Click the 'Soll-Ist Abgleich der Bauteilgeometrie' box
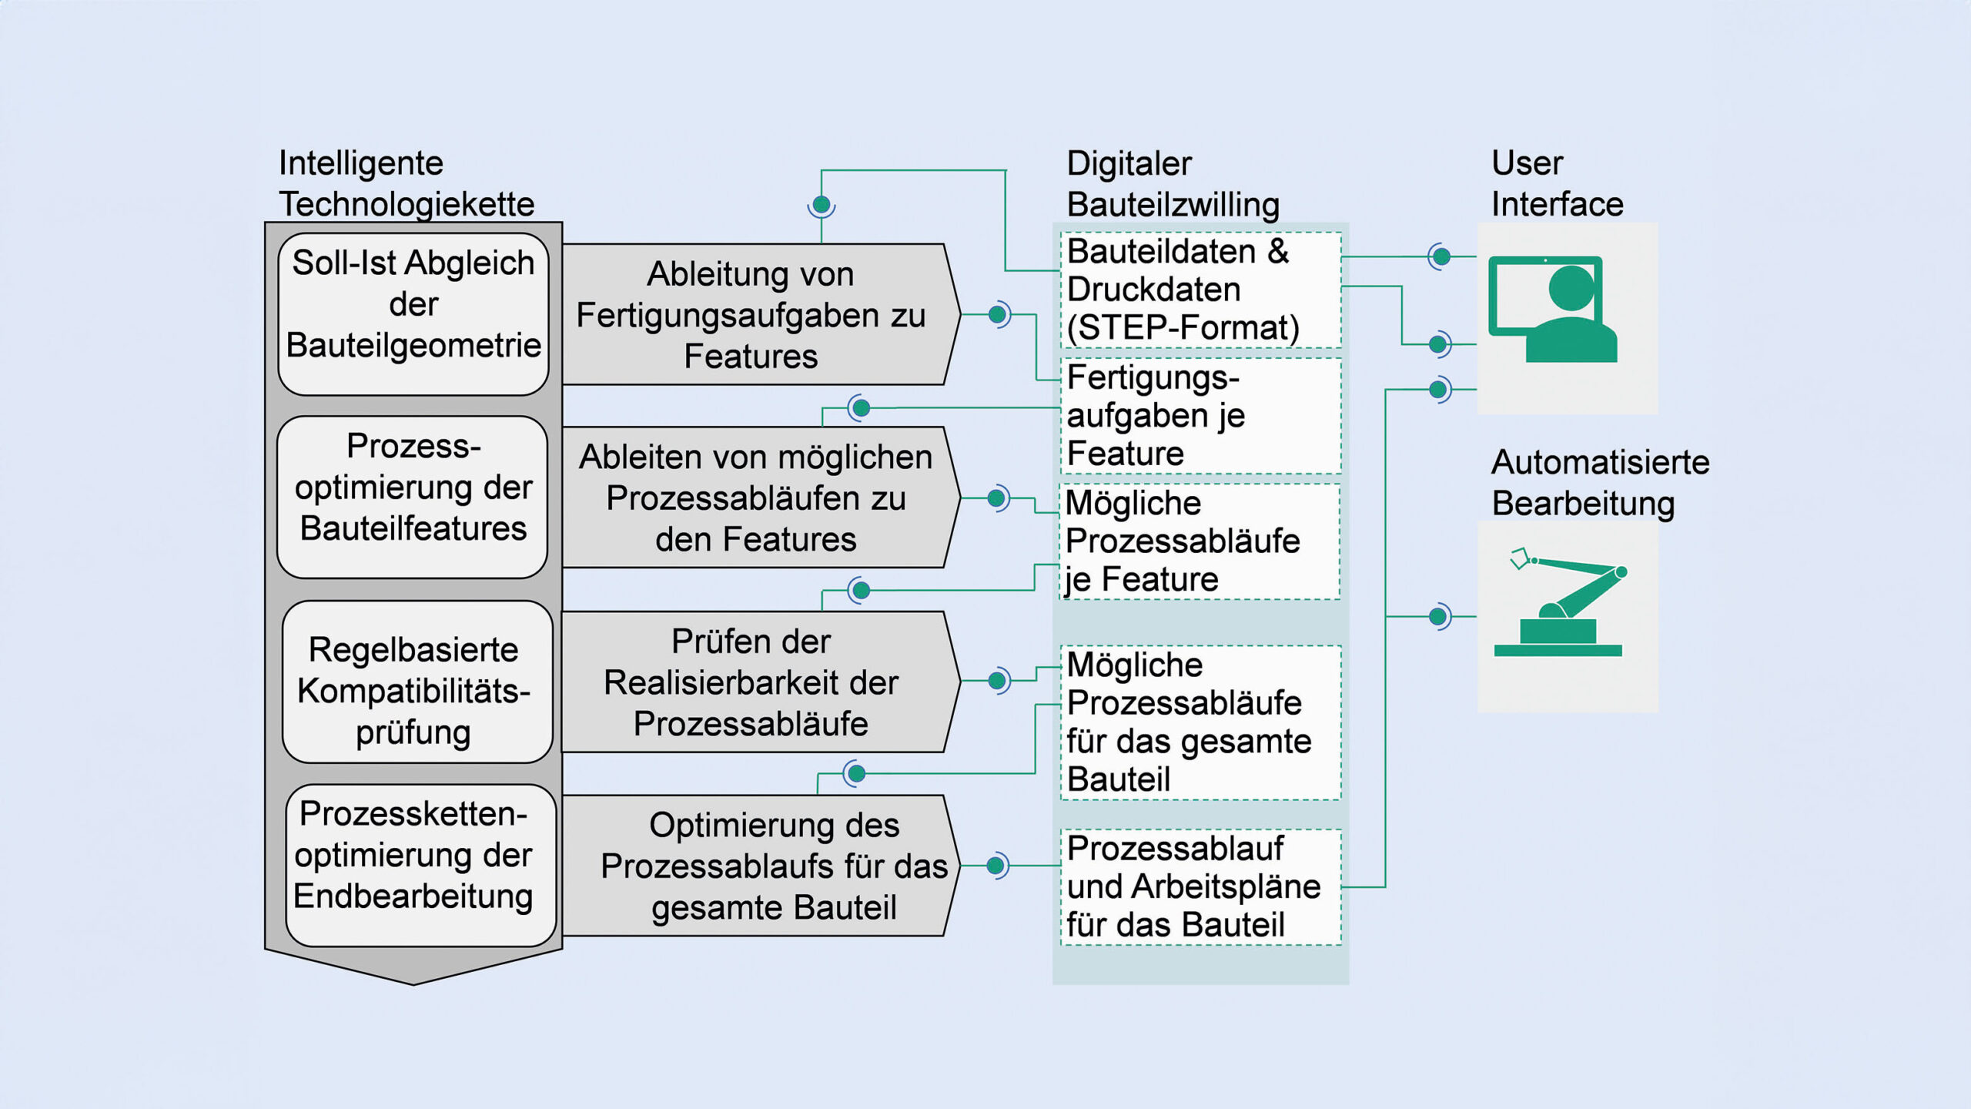pyautogui.click(x=413, y=313)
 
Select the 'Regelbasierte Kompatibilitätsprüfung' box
pyautogui.click(x=417, y=682)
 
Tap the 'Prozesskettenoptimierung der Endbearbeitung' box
pyautogui.click(x=420, y=865)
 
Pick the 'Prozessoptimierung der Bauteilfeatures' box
pyautogui.click(x=413, y=497)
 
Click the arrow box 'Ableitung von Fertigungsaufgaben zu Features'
pyautogui.click(x=755, y=314)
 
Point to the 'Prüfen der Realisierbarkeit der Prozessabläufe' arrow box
pyautogui.click(x=755, y=682)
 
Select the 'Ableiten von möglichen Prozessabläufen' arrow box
pyautogui.click(x=755, y=498)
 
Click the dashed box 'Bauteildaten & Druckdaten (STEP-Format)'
pyautogui.click(x=1200, y=290)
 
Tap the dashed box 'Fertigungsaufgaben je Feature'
pyautogui.click(x=1200, y=416)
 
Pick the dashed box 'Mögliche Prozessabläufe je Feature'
pyautogui.click(x=1200, y=541)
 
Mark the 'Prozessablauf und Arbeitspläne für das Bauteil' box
pyautogui.click(x=1200, y=886)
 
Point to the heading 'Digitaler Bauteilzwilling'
pyautogui.click(x=1173, y=184)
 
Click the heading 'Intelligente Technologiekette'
pyautogui.click(x=406, y=183)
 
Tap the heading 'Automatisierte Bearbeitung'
pyautogui.click(x=1599, y=482)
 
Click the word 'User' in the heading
pyautogui.click(x=1527, y=163)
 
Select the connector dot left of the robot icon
pyautogui.click(x=1437, y=616)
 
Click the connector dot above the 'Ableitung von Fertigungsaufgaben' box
pyautogui.click(x=822, y=205)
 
